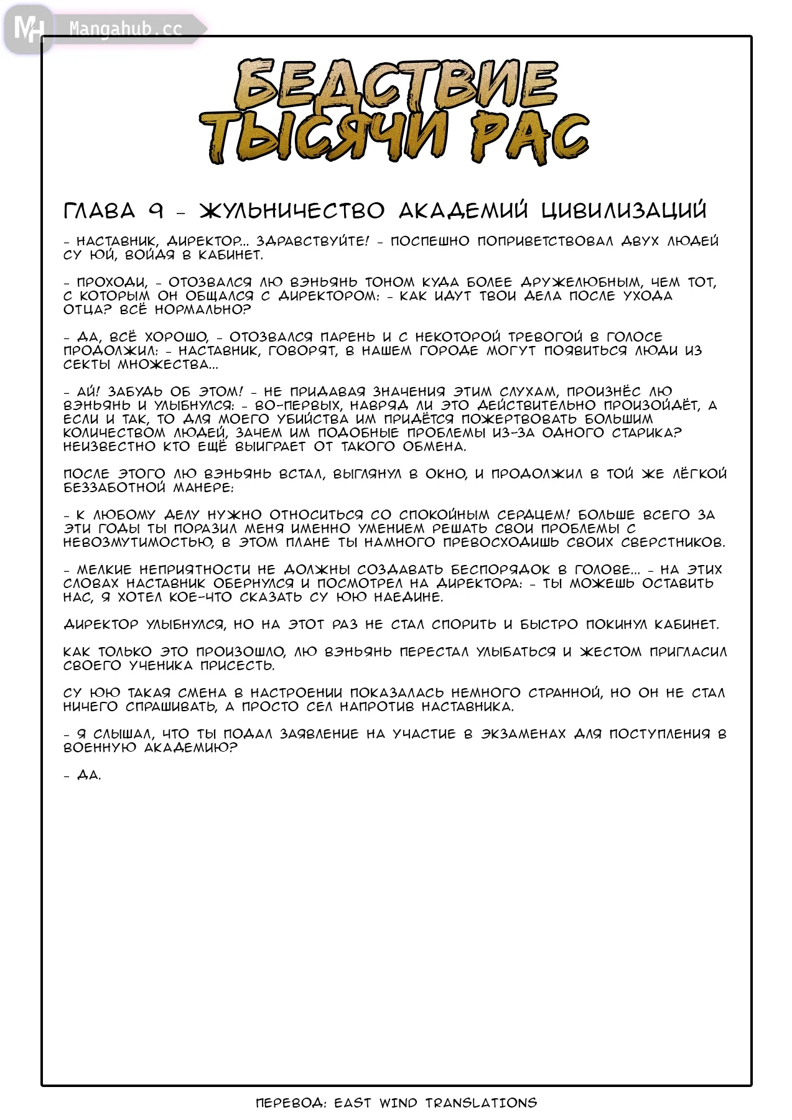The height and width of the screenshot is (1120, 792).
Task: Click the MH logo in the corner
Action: point(28,28)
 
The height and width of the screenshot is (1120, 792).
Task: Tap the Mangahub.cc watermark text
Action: point(126,29)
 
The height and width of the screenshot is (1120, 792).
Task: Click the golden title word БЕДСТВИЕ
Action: point(396,85)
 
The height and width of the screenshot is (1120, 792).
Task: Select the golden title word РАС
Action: point(528,138)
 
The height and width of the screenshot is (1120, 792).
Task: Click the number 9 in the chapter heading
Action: point(156,211)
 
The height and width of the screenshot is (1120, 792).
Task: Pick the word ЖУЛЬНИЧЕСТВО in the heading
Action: point(292,211)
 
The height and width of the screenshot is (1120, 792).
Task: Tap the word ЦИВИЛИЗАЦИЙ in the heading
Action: point(623,211)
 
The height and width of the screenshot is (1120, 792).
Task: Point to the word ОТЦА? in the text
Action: point(86,310)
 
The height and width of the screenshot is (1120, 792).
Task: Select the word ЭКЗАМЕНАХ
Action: point(523,734)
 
